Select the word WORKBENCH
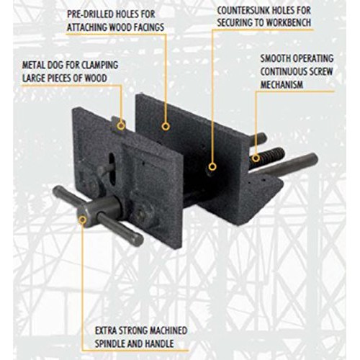pos(289,22)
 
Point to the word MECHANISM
pos(282,84)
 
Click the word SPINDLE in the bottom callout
pos(109,343)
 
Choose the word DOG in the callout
pos(55,66)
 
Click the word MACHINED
pos(168,330)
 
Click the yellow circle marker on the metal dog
pos(121,126)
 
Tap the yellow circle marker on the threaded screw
pos(256,158)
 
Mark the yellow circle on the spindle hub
pos(83,220)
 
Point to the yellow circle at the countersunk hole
pos(212,166)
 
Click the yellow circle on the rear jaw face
pos(166,126)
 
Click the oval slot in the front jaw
pos(112,168)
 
